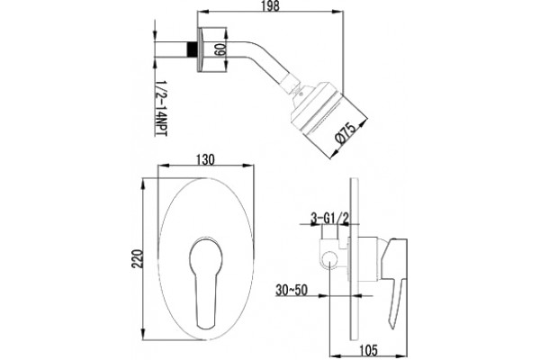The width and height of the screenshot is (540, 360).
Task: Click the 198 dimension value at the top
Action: point(270,6)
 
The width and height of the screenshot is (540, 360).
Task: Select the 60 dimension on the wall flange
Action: point(219,49)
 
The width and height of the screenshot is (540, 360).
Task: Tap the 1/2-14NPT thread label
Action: point(160,109)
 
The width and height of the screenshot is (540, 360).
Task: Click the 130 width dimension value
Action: point(205,159)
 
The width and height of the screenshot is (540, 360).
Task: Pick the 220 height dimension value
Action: point(137,258)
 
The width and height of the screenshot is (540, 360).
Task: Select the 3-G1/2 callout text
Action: point(330,218)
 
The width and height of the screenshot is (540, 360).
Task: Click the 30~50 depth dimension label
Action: point(291,290)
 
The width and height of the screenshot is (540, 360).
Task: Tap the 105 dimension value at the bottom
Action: point(368,350)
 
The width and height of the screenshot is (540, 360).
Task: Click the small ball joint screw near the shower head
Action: point(301,93)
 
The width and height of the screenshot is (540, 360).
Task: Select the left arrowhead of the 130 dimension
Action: point(164,166)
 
